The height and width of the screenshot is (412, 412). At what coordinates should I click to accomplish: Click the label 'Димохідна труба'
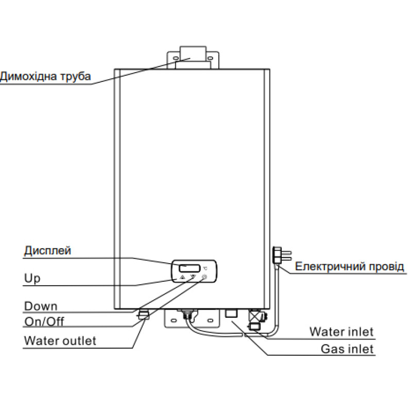click(45, 77)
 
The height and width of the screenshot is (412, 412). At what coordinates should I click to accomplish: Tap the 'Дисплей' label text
click(47, 251)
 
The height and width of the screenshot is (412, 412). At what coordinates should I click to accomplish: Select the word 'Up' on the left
click(32, 279)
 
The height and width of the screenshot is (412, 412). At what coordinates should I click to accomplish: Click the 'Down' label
click(41, 306)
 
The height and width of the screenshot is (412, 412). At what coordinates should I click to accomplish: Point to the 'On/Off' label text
click(44, 322)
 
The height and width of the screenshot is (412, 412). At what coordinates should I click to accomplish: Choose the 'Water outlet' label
click(60, 341)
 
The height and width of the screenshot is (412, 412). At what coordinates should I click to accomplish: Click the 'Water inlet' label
click(341, 331)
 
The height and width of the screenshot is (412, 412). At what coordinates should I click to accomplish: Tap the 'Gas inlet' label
click(347, 349)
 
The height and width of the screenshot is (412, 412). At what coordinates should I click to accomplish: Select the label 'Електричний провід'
click(350, 267)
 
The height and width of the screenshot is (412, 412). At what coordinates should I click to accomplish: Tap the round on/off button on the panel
click(204, 277)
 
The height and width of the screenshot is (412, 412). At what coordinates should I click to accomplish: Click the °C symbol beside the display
click(205, 268)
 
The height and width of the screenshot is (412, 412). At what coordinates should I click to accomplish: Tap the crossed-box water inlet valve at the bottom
click(255, 316)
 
